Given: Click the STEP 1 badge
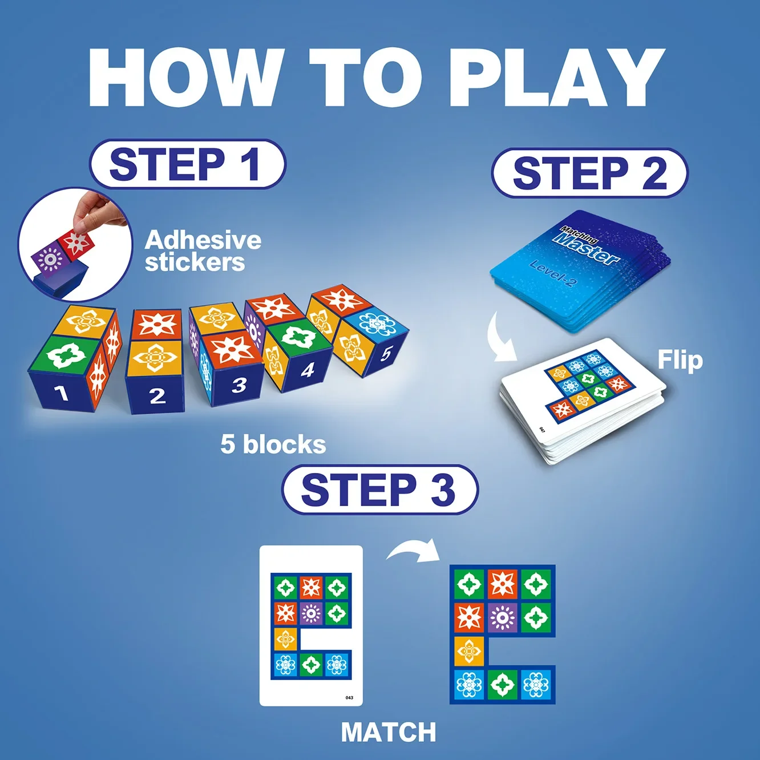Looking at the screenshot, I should coord(187,164).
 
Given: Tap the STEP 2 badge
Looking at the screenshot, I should coord(589,173).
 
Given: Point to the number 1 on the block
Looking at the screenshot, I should coord(61,393).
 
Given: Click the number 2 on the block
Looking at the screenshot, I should coord(157,395).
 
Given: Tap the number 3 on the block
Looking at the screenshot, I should coord(239,386).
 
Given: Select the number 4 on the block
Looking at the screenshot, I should coord(308,370).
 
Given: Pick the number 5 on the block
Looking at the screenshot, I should coord(386,353).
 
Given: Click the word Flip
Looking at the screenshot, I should coord(680,360).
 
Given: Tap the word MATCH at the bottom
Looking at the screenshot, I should coord(389,732).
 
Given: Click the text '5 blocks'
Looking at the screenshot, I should coord(273,444).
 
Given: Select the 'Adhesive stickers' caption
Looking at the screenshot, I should coord(203,251).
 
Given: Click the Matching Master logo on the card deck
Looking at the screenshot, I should coord(588,245).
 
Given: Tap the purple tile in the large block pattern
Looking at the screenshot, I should coord(503,617).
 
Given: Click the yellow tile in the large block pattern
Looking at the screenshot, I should coord(469,651).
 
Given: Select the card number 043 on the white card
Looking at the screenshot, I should coord(349,697).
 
